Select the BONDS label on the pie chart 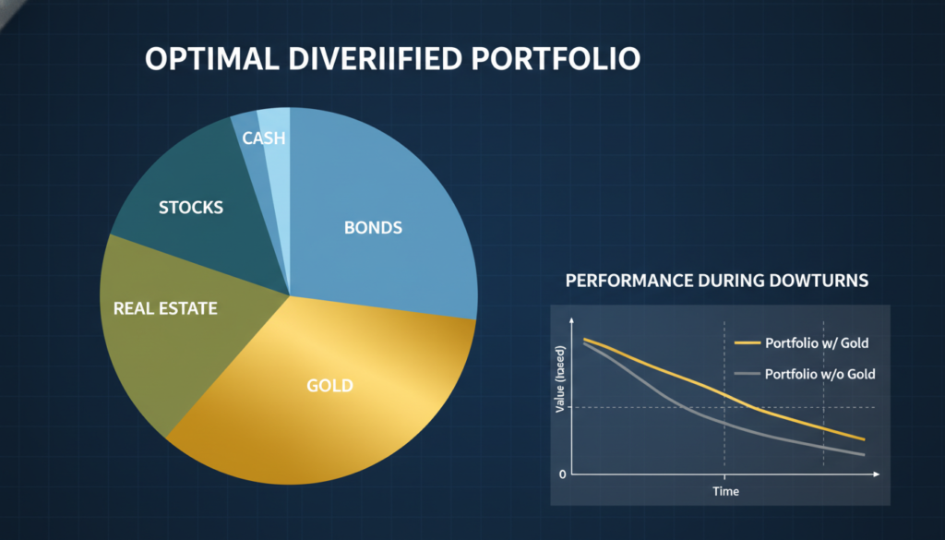tap(373, 227)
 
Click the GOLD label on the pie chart tap(329, 385)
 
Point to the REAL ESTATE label tap(165, 308)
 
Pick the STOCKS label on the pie tap(191, 207)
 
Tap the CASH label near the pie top tap(264, 138)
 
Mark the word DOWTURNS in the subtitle tap(816, 280)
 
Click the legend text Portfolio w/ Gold tap(817, 343)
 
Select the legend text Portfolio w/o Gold tap(820, 374)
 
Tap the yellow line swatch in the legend tap(748, 343)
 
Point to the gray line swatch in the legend tap(748, 374)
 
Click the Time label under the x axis tap(725, 491)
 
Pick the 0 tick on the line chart tap(562, 474)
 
